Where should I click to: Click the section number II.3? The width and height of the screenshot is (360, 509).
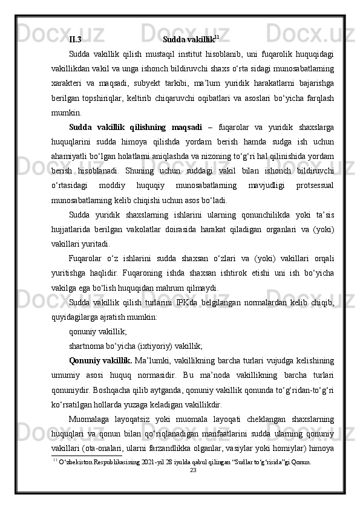click(x=76, y=40)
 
